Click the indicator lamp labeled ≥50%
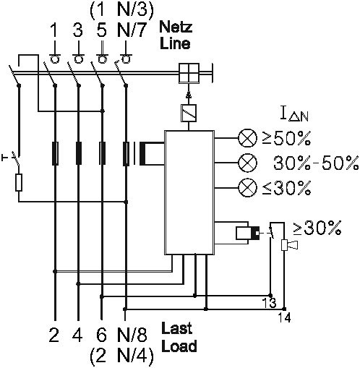[x=247, y=138]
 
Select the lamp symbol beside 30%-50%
[x=247, y=163]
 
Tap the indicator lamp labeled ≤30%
[x=247, y=188]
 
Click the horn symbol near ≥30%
[x=290, y=245]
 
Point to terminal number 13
[x=269, y=303]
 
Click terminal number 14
[x=285, y=317]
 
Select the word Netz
[x=176, y=27]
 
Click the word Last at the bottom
[x=176, y=328]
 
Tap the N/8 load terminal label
[x=132, y=335]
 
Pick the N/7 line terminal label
[x=132, y=30]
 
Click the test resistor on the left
[x=19, y=182]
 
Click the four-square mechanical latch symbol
[x=189, y=73]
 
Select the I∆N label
[x=294, y=114]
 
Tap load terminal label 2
[x=54, y=335]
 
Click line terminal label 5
[x=101, y=30]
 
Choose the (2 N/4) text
[x=121, y=356]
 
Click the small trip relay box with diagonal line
[x=189, y=113]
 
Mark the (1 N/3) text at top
[x=121, y=10]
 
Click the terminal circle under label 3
[x=78, y=59]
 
